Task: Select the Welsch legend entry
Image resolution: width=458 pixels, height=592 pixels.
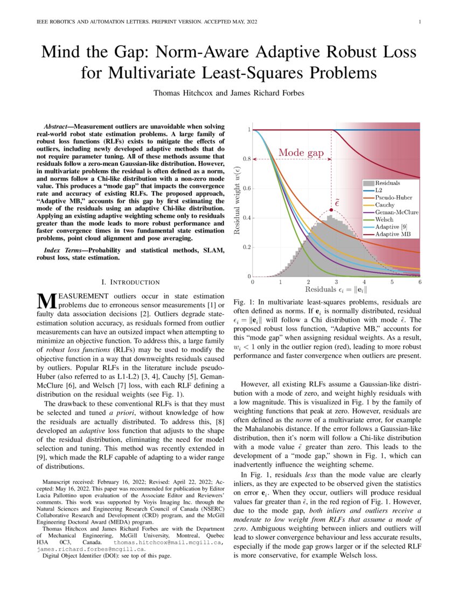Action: click(x=385, y=220)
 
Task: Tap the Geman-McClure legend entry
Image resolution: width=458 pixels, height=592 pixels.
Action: click(x=397, y=212)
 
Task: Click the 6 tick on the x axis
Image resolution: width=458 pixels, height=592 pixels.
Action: click(x=420, y=282)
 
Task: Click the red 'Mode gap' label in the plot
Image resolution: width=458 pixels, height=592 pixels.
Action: click(x=301, y=153)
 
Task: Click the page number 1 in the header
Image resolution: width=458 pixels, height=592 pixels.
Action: click(x=419, y=22)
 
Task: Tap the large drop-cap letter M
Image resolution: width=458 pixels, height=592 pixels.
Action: click(x=45, y=301)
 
